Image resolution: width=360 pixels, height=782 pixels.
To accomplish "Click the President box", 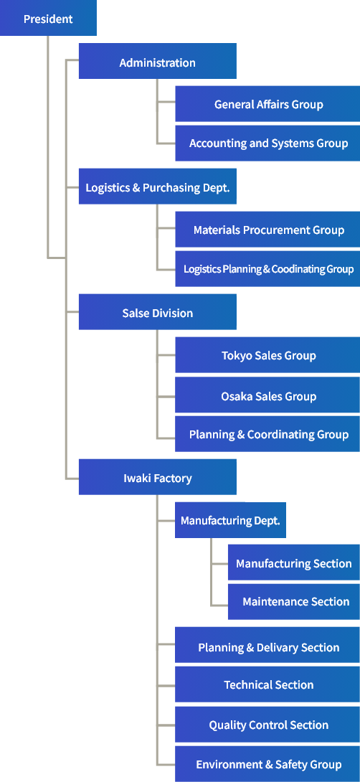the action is [x=48, y=18].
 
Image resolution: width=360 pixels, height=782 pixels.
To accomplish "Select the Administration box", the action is [x=158, y=61].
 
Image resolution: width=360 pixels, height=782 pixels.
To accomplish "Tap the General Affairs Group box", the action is [x=267, y=104].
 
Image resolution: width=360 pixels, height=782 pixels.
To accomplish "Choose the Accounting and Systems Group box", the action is [x=267, y=143].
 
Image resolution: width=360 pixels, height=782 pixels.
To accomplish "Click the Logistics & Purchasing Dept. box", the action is [x=158, y=187].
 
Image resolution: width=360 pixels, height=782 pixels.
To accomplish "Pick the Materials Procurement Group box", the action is [x=267, y=230].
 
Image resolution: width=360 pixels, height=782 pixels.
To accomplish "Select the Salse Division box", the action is [x=158, y=311].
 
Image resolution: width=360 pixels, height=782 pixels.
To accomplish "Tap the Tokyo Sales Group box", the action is [x=267, y=355].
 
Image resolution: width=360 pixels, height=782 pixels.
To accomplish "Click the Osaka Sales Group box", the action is [x=267, y=395].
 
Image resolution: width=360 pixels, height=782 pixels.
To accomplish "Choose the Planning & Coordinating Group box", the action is [x=267, y=434].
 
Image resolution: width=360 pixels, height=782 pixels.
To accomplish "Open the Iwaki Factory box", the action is [x=158, y=477].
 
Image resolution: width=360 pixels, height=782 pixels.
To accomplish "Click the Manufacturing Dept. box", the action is [x=230, y=520].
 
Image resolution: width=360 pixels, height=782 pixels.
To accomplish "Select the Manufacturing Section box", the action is [x=294, y=562].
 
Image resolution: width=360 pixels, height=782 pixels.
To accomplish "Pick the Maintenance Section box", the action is [x=294, y=602].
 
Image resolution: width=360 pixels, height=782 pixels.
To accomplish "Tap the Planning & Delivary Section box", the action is [x=267, y=645].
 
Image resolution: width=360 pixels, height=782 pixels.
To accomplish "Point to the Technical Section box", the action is [x=267, y=684].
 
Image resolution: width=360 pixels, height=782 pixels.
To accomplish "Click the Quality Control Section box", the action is [x=267, y=724].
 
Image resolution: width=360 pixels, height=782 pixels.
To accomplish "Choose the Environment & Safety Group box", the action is [x=267, y=764].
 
